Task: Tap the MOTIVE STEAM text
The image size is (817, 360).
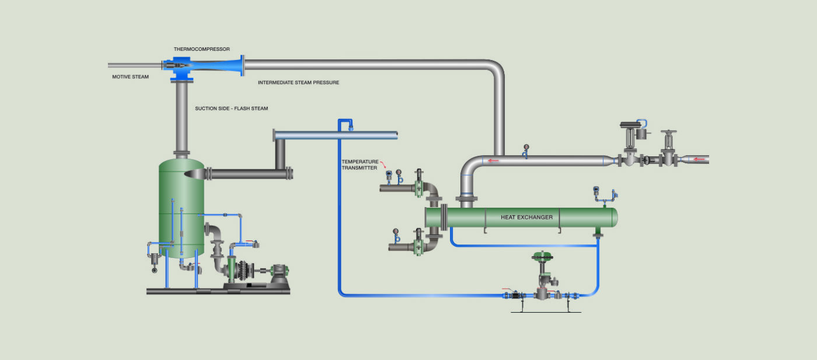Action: coord(130,76)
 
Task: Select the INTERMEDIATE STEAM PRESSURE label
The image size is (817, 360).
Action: coord(298,83)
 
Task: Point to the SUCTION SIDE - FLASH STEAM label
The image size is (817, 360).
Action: coord(232,109)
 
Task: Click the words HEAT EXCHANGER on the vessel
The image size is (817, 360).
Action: coord(526,218)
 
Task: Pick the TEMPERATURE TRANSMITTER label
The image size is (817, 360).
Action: coord(360,165)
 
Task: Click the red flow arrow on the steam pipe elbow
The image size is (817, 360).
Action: coord(494,161)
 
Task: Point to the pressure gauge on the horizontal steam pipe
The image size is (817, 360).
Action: coord(526,148)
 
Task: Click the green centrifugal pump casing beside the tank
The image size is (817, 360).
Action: coord(232,271)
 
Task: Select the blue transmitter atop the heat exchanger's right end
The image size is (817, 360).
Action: coord(596,190)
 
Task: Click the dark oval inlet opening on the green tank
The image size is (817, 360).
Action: coord(195,173)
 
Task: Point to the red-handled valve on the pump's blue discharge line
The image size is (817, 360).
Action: coord(252,243)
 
